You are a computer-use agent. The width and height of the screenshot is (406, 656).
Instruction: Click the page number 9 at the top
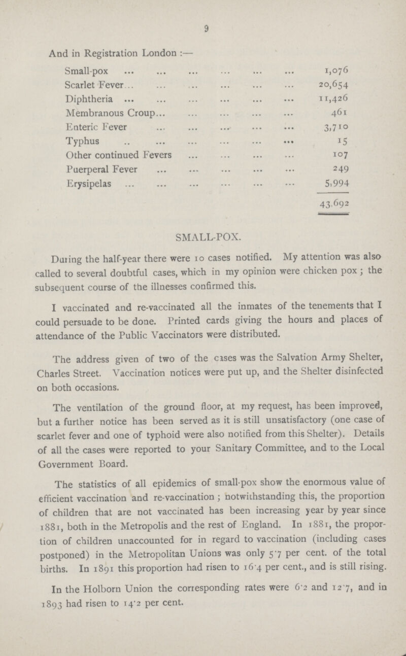pos(202,22)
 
